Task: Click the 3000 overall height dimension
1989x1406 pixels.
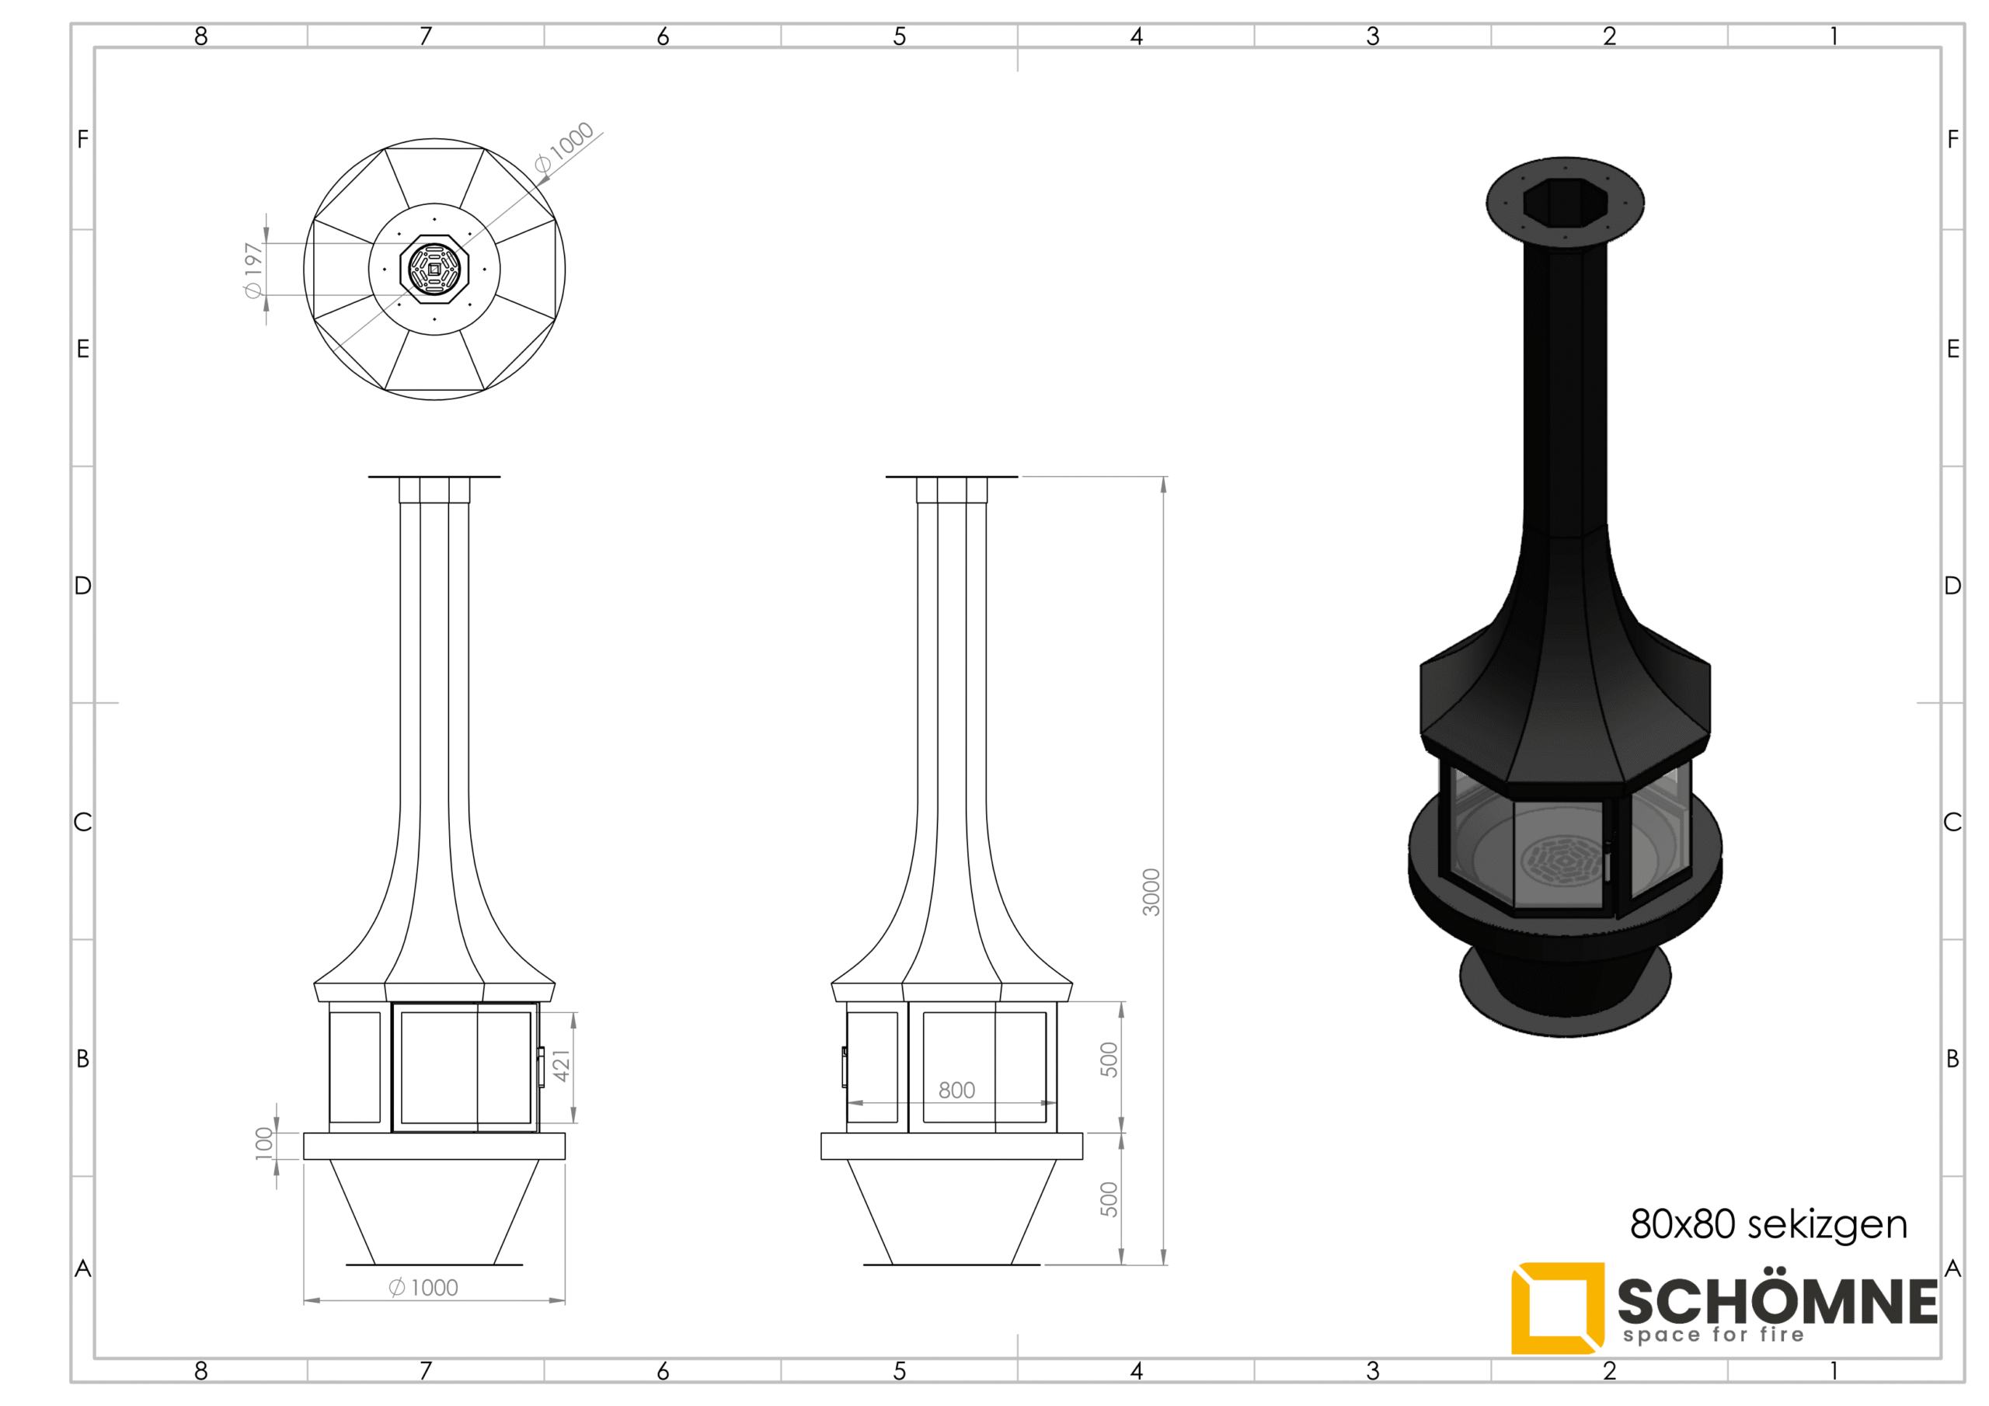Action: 1151,892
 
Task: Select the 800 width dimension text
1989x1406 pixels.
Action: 956,1090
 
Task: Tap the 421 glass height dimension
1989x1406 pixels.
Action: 562,1066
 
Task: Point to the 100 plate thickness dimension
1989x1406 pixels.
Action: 264,1143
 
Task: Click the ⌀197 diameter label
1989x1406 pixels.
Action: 253,270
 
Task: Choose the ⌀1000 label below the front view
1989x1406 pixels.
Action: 423,1287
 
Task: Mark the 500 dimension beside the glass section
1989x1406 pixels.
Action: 1109,1060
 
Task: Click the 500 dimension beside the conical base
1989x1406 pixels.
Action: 1109,1199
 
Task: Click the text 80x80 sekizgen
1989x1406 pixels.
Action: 1768,1223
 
